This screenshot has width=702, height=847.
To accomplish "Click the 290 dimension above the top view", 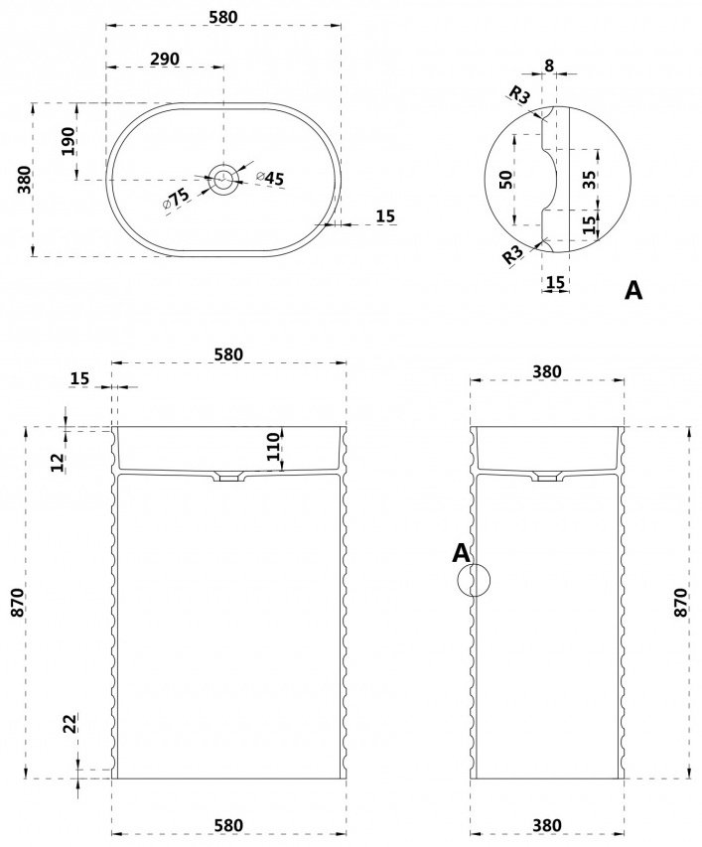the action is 165,59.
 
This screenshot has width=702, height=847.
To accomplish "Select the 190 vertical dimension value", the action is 69,141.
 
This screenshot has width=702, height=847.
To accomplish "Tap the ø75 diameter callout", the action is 176,199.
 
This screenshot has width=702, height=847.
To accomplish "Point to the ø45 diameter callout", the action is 270,178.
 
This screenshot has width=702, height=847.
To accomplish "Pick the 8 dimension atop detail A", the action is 549,66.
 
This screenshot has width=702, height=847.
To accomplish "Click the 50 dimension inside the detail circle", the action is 506,179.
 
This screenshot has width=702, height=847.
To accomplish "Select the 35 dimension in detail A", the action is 589,180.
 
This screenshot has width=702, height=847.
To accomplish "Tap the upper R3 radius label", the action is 520,96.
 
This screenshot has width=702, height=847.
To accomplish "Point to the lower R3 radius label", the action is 513,254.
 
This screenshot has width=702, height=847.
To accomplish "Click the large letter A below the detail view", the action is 633,291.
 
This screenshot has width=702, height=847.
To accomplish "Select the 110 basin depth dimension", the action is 274,446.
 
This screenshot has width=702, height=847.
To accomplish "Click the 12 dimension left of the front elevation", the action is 58,463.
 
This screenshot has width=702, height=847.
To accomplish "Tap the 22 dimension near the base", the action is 70,723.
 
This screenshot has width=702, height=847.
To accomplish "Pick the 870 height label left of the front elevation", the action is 17,603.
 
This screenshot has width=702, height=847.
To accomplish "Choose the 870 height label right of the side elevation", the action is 681,603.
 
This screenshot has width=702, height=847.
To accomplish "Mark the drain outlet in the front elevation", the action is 230,477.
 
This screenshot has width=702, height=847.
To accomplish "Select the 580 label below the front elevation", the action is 229,825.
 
